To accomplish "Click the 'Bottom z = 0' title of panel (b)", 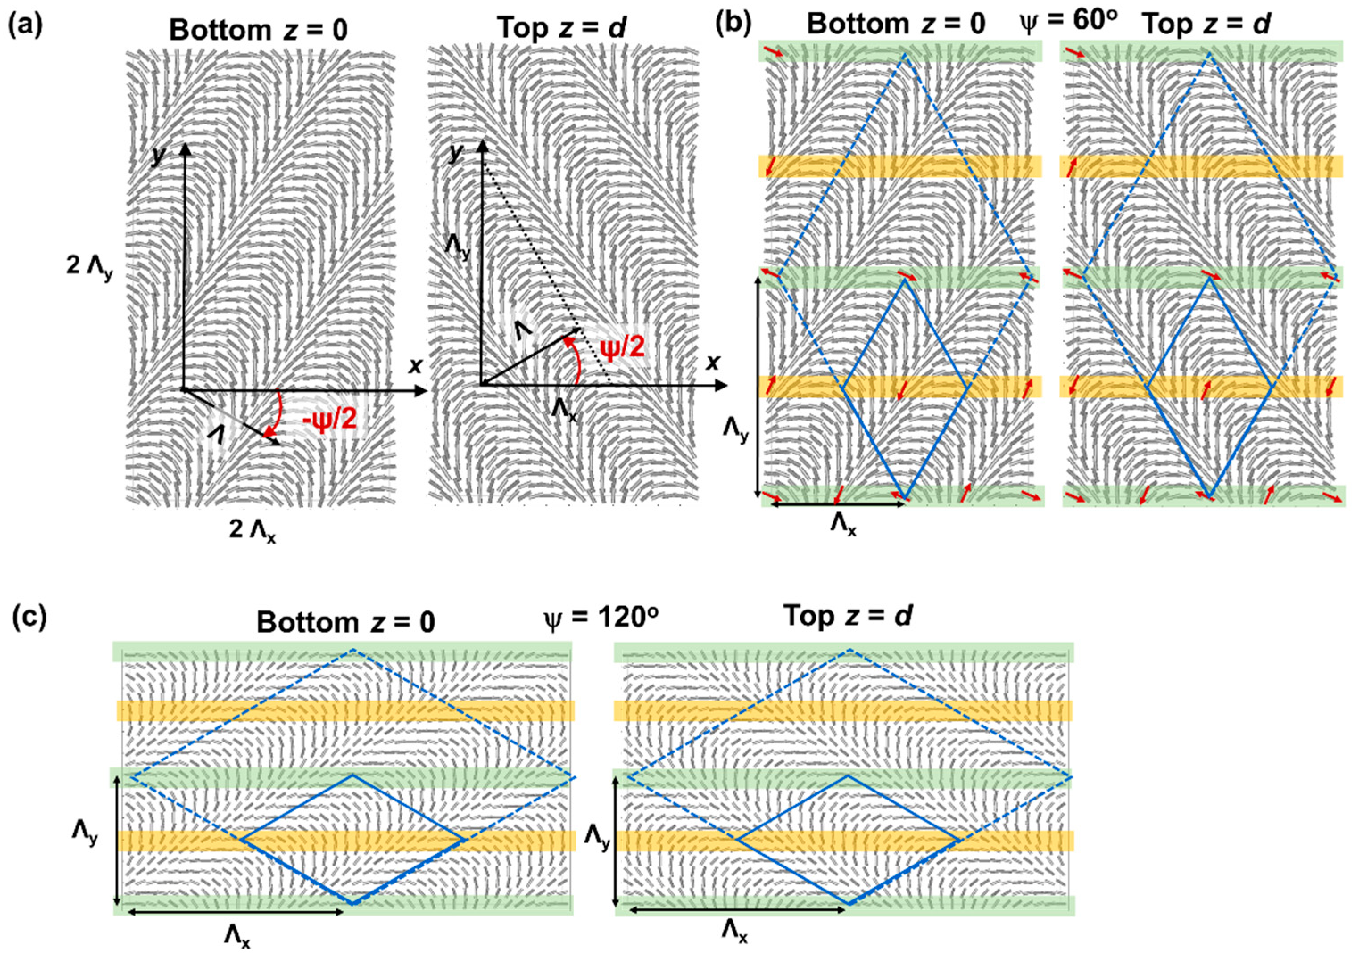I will pyautogui.click(x=896, y=25).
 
